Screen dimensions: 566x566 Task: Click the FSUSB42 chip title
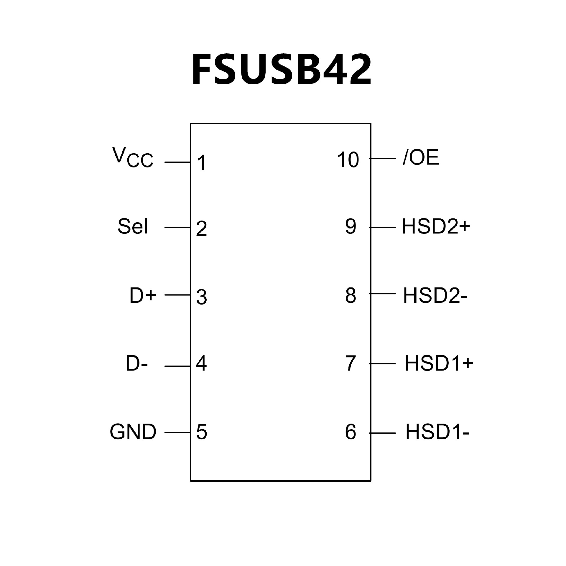click(282, 70)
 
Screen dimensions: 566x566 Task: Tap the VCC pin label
click(133, 158)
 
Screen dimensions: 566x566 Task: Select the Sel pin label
click(133, 226)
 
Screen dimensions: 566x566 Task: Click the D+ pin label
click(143, 295)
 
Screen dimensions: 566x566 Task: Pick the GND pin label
click(133, 432)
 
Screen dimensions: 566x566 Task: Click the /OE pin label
click(421, 158)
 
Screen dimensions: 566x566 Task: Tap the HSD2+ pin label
click(436, 227)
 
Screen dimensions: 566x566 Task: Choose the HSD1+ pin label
click(439, 363)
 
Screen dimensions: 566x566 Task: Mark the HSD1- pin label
click(437, 432)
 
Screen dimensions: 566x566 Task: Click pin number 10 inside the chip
click(348, 160)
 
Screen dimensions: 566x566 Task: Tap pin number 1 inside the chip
click(202, 163)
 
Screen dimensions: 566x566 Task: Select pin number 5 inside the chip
click(202, 432)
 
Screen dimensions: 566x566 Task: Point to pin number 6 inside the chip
click(351, 432)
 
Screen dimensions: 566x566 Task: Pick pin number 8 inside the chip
click(351, 295)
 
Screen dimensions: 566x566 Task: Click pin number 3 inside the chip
click(202, 297)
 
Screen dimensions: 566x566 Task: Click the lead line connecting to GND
click(178, 433)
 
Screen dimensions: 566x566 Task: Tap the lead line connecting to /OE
click(382, 159)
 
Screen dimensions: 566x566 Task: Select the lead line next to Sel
click(178, 227)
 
